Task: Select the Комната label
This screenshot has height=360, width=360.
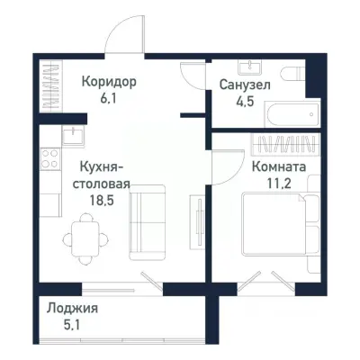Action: tap(278, 166)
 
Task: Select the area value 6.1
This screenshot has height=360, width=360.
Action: tap(109, 99)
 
